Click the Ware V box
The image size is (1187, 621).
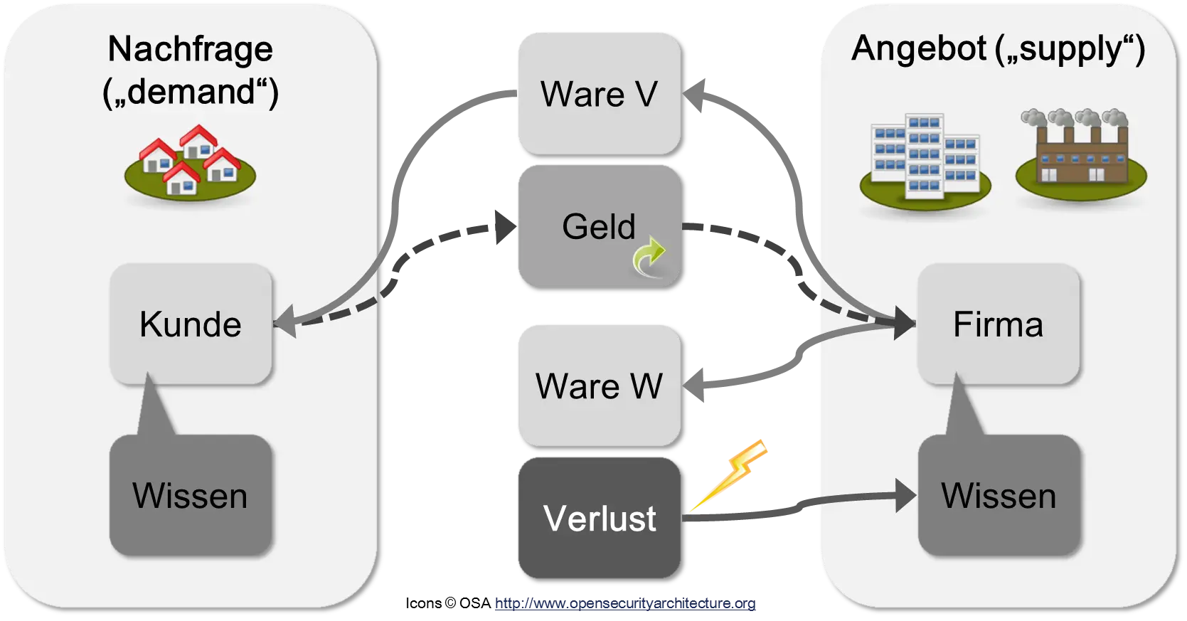[x=598, y=93]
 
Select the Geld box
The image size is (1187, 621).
[x=598, y=226]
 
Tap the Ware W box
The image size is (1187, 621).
[x=598, y=386]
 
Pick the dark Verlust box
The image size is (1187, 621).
[x=598, y=517]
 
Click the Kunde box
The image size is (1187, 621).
[x=191, y=324]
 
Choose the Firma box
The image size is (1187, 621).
[x=998, y=324]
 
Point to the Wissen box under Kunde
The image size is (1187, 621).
[x=191, y=495]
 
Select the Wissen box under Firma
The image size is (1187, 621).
[x=998, y=495]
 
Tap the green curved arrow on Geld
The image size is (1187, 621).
[x=649, y=258]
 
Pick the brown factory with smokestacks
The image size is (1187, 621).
[x=1080, y=156]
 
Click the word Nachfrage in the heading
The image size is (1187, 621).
[x=190, y=49]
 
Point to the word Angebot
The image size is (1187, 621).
[x=918, y=49]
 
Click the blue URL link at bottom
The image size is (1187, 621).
[x=626, y=605]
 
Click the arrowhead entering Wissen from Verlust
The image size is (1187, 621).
[x=905, y=496]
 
